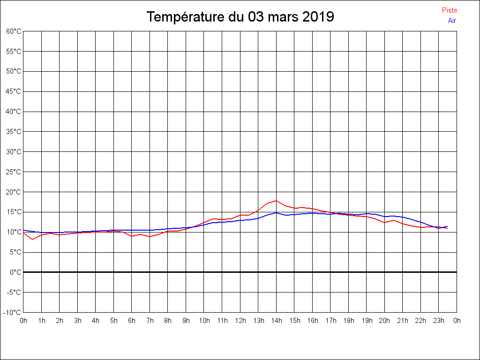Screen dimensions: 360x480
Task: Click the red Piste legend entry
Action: tap(449, 10)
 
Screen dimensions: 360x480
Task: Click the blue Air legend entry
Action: tap(452, 20)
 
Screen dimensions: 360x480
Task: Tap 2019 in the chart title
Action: tap(318, 17)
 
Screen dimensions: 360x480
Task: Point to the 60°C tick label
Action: tap(14, 31)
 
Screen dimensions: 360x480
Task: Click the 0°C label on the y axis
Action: tap(15, 272)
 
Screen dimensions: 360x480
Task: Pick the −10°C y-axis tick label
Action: tap(13, 312)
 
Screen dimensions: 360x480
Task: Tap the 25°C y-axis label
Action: tap(14, 172)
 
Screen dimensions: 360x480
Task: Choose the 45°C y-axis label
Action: tap(14, 91)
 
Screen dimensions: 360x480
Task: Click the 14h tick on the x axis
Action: tap(277, 321)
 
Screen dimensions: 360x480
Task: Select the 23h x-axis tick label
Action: tap(439, 321)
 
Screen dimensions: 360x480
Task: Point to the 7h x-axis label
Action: tap(150, 321)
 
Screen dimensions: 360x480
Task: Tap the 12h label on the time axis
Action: tap(240, 321)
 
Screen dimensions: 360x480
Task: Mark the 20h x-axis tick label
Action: tap(384, 321)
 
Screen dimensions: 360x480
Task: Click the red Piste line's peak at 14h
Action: tap(277, 201)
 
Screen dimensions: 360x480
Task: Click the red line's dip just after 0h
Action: tap(32, 240)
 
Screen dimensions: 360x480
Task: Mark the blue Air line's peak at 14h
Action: tap(277, 212)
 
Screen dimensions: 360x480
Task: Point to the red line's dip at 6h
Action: tap(132, 236)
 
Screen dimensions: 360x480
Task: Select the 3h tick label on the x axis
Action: tap(78, 321)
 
